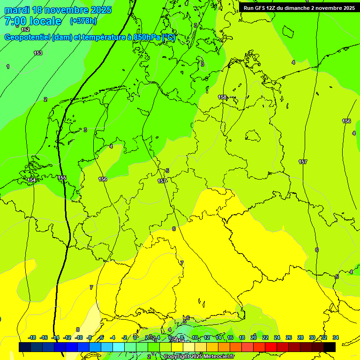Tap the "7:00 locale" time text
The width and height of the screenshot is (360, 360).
[33, 21]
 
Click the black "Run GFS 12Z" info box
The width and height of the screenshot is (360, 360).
[299, 8]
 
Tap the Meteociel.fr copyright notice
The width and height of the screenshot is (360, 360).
[199, 357]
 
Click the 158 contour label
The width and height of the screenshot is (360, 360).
[222, 97]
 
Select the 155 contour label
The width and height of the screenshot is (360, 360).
[62, 178]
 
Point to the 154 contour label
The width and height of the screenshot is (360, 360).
[31, 180]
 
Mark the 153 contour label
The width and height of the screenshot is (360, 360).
[38, 53]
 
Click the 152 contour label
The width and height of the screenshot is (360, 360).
[25, 30]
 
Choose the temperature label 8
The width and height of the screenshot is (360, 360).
[78, 330]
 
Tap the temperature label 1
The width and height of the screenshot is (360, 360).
[8, 67]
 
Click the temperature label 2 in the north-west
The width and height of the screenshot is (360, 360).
[45, 99]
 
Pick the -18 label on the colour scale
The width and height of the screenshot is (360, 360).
[32, 337]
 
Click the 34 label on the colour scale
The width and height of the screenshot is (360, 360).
[336, 337]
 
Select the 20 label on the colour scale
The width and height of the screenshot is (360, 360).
[254, 337]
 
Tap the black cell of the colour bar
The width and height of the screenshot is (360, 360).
[330, 347]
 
